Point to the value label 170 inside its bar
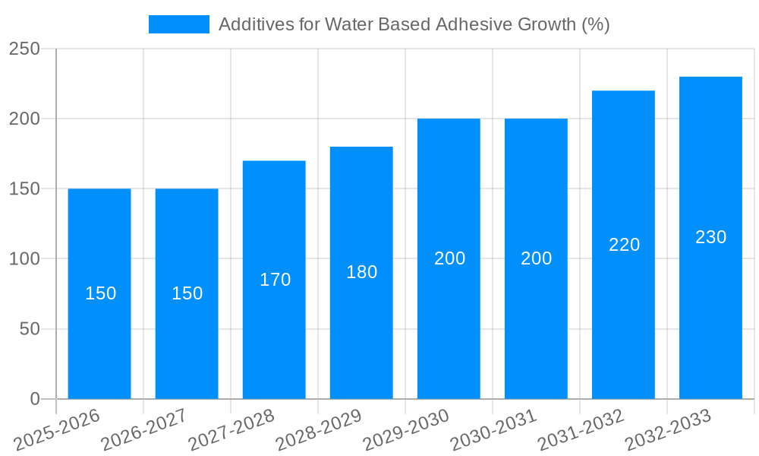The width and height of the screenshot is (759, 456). (275, 280)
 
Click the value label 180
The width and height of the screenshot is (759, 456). (361, 272)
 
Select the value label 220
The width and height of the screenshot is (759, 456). (624, 245)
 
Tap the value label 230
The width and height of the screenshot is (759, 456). (710, 237)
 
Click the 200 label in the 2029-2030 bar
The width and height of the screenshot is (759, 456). (449, 258)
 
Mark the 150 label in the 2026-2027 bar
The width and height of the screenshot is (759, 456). (187, 293)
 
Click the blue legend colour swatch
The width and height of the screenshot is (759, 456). (179, 24)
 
